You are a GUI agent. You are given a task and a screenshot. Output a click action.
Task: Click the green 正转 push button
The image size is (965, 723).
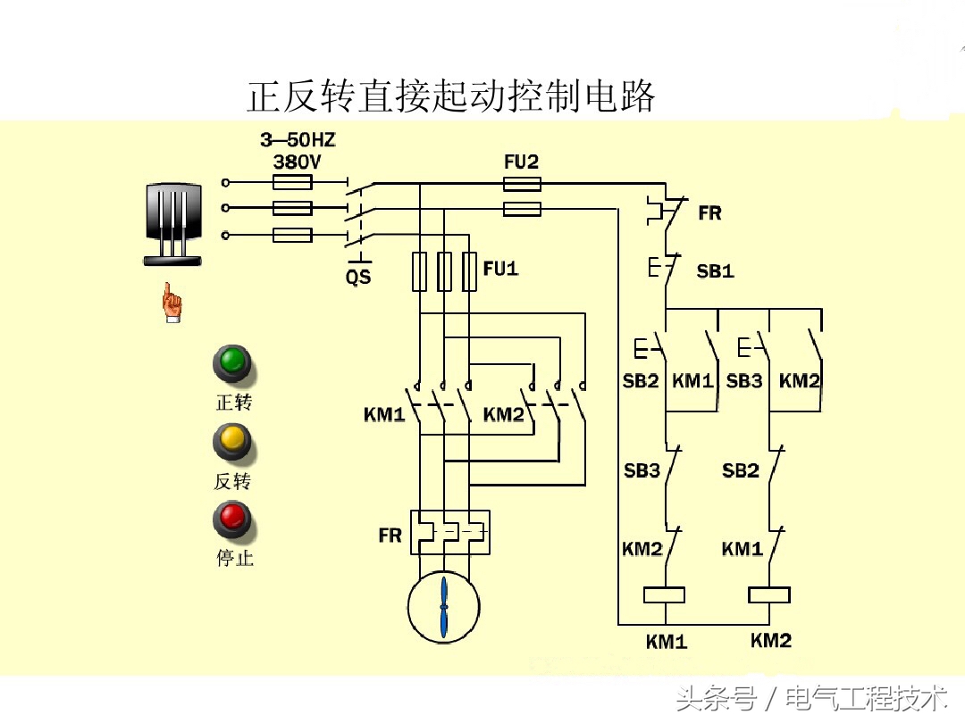point(232,361)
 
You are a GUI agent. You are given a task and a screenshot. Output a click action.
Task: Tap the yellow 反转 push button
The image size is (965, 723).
point(232,440)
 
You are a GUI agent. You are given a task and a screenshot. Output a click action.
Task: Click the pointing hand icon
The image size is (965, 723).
point(172,303)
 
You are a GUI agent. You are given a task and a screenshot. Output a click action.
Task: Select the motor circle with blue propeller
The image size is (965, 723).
point(444,606)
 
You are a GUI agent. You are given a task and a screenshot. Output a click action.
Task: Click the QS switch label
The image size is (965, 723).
point(358,278)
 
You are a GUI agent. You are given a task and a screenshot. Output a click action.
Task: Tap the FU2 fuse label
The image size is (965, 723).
point(522,162)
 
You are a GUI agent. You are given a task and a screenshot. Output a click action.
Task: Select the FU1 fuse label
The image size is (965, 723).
point(500,268)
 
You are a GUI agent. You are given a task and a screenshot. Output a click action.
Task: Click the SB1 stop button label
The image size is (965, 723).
point(715,271)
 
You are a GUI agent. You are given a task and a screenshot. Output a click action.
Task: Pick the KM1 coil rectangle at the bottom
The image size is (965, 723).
point(665,594)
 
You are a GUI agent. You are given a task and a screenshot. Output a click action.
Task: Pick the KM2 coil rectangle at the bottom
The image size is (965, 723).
point(769,594)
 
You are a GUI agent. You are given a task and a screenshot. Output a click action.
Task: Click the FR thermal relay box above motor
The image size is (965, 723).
point(449,533)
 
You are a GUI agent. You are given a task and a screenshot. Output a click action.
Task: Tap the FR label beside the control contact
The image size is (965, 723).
point(709,213)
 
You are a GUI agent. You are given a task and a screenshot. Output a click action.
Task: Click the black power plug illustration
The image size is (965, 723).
point(173,224)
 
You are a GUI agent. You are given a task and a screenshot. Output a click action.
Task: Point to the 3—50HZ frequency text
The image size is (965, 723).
point(298,140)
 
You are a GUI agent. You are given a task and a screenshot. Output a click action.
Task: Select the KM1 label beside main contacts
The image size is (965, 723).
point(384,415)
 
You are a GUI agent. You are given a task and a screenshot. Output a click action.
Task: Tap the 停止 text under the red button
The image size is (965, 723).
point(234,559)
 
